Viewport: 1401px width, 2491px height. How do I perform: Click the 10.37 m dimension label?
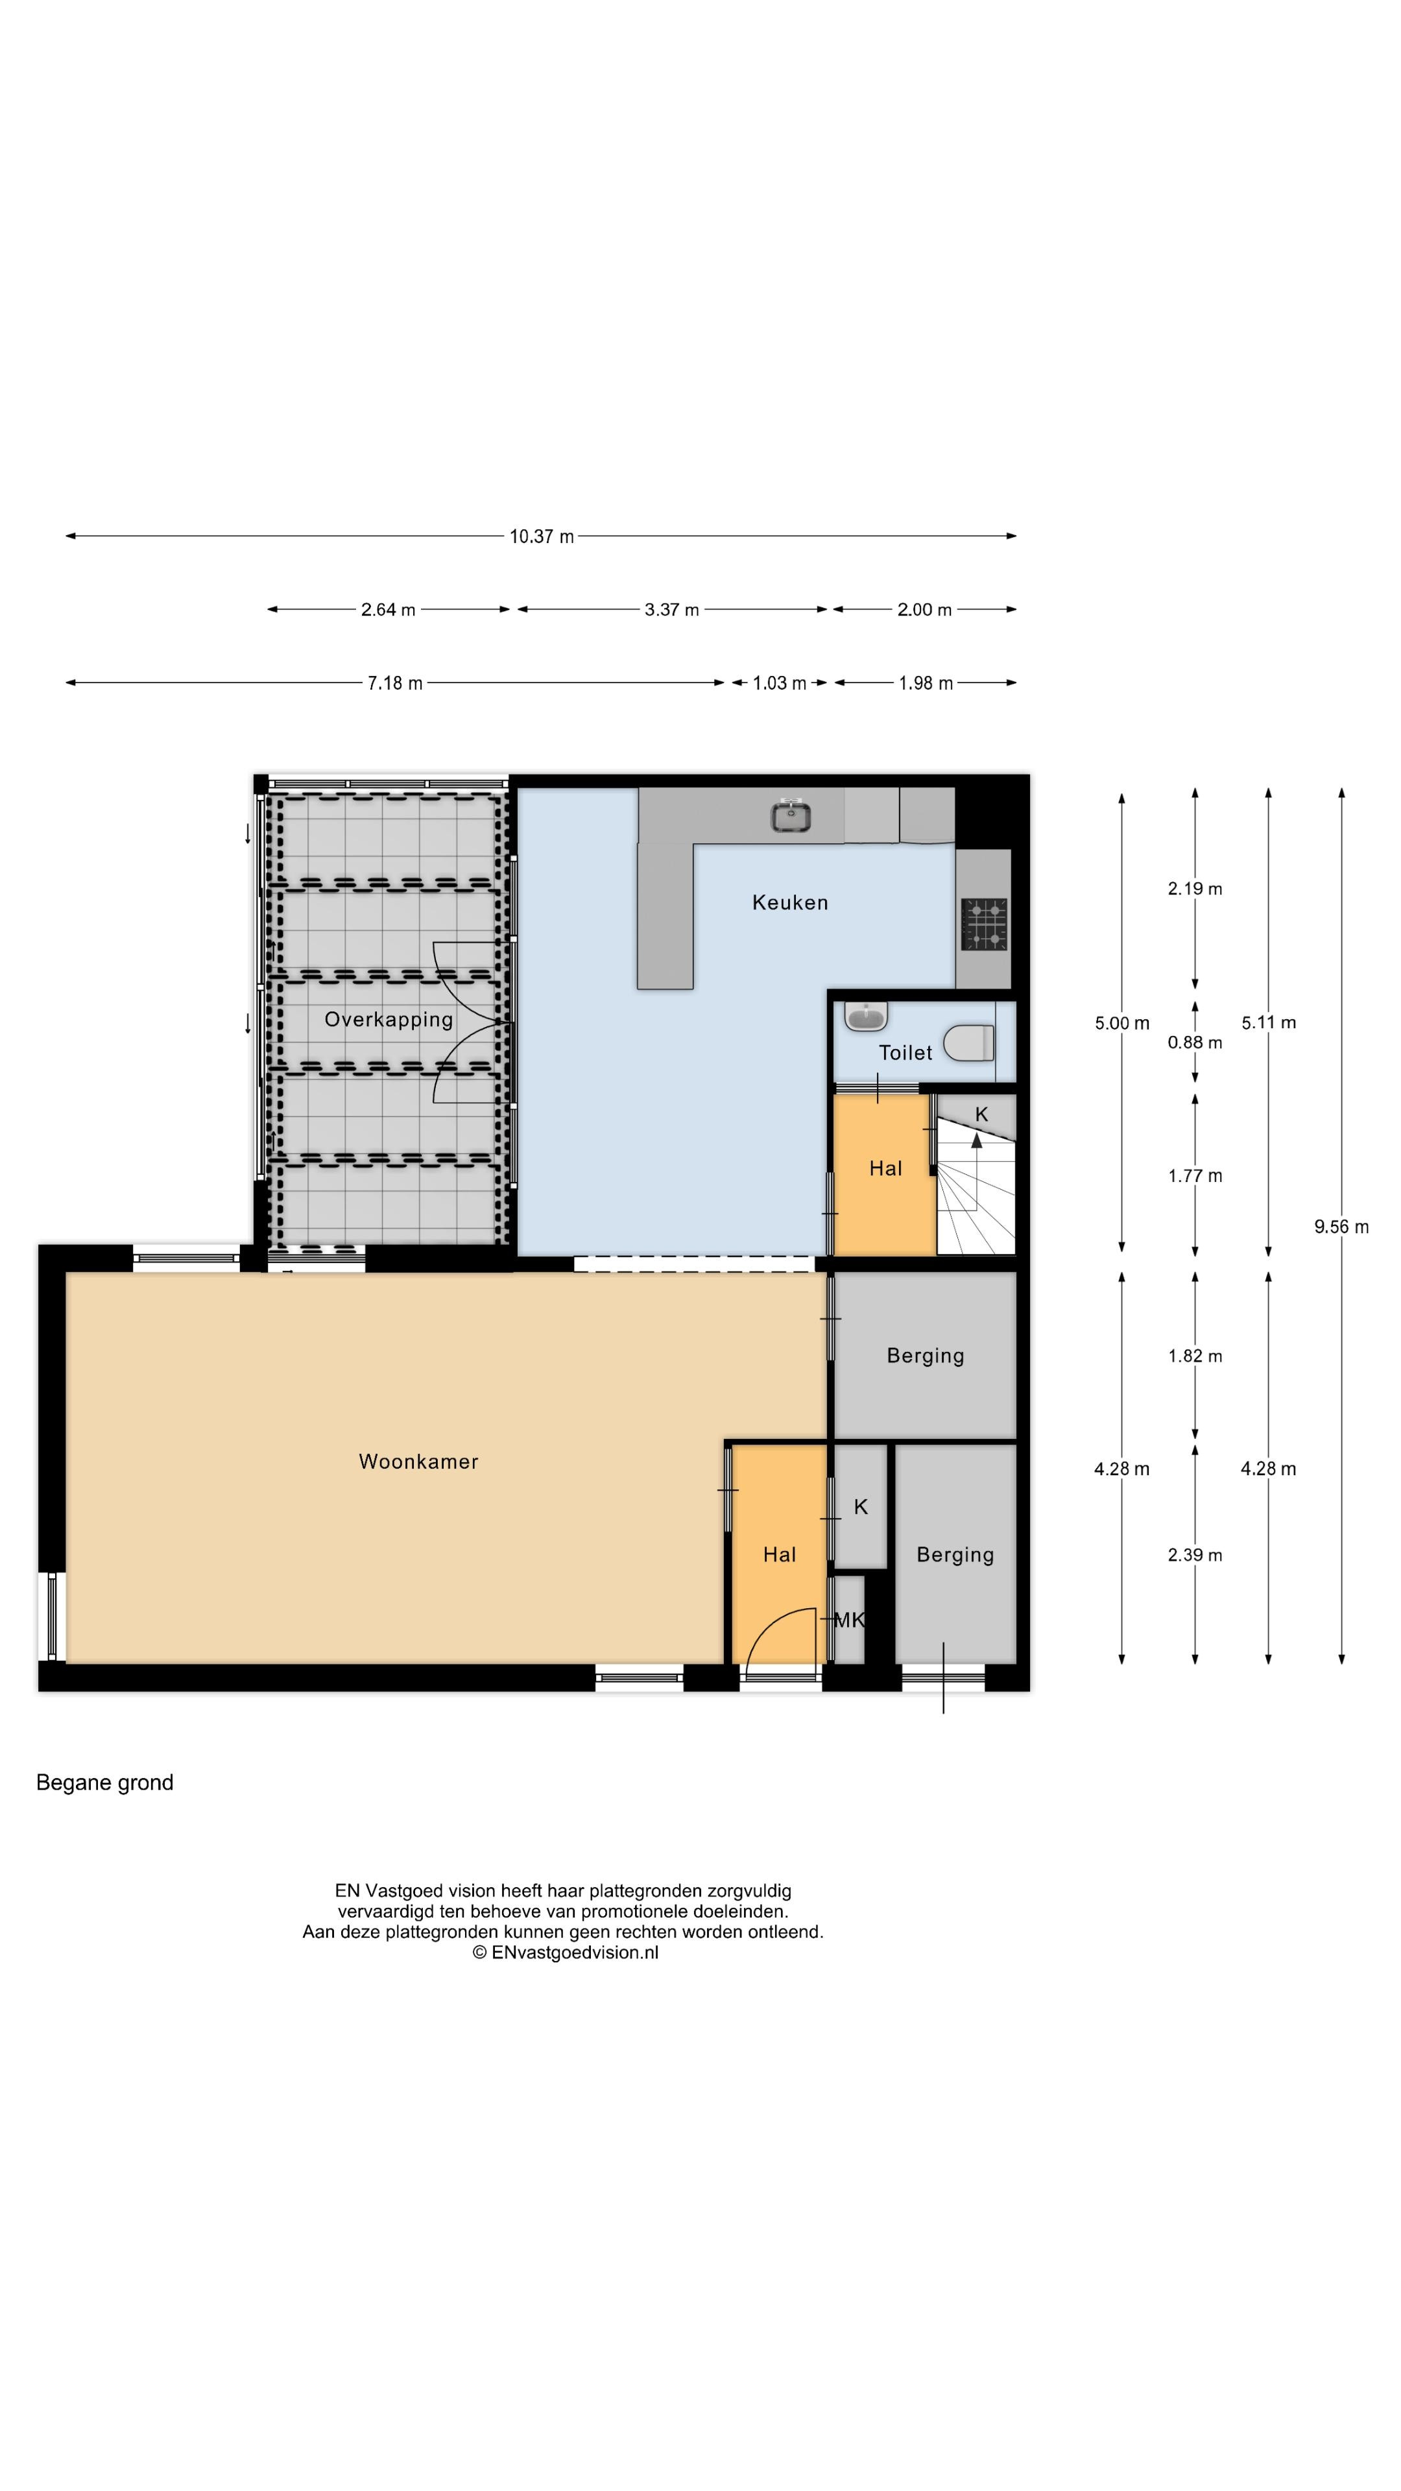point(542,536)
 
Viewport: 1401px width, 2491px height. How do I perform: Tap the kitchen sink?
point(790,816)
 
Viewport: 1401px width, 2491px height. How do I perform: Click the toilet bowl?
point(969,1042)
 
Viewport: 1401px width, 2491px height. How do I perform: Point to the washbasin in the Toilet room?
point(865,1017)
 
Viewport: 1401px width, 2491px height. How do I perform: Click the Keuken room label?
point(790,902)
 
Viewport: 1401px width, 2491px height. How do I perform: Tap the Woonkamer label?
point(418,1461)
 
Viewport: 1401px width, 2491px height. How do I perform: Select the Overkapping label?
point(389,1019)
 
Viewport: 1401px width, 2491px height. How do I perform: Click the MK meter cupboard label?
point(849,1620)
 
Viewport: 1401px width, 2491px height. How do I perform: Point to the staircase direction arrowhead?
point(977,1141)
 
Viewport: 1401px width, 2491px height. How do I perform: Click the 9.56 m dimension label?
point(1341,1226)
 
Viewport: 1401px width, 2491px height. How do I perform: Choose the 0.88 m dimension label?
point(1195,1042)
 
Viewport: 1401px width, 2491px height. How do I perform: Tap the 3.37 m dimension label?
point(672,609)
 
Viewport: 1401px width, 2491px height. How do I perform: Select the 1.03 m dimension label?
point(779,682)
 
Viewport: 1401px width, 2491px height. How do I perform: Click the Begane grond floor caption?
point(104,1782)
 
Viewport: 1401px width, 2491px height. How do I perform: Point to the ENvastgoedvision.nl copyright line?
point(566,1953)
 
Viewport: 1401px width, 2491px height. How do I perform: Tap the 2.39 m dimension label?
point(1195,1555)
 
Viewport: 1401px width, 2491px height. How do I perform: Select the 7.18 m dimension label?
point(394,682)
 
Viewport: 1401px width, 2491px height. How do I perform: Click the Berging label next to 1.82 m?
point(926,1356)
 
